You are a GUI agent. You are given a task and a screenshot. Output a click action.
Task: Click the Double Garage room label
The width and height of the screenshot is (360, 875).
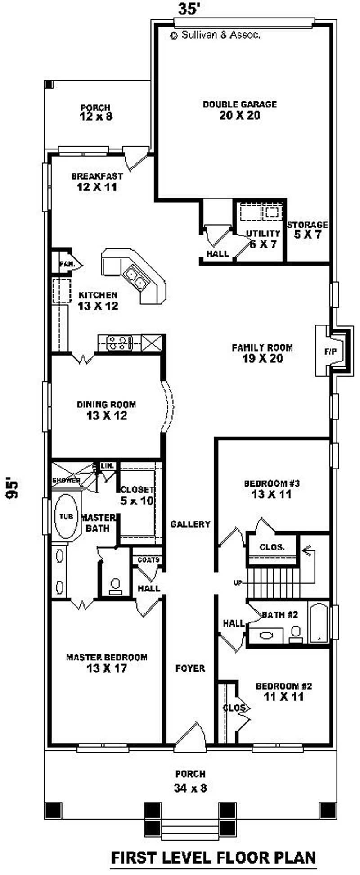[240, 110]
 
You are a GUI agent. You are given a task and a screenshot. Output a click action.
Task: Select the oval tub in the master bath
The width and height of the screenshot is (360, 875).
[66, 516]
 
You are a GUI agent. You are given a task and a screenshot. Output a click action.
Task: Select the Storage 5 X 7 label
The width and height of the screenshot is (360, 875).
[308, 229]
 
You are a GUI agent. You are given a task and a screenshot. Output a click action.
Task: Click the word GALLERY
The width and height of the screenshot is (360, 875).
[190, 524]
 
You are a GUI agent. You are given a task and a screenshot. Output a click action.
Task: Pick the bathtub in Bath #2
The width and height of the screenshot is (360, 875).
[319, 623]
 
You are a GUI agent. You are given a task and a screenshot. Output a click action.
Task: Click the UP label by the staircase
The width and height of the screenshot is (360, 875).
[238, 582]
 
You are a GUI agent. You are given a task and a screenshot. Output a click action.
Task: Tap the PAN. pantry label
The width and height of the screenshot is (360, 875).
[67, 264]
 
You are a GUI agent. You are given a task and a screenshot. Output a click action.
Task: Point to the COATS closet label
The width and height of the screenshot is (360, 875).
[148, 559]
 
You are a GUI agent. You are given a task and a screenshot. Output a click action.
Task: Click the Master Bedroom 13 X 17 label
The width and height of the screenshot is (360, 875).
[107, 663]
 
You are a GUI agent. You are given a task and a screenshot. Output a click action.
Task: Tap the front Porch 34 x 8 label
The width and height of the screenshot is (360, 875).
[190, 780]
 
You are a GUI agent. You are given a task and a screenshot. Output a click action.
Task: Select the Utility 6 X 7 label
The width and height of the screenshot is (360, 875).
[263, 239]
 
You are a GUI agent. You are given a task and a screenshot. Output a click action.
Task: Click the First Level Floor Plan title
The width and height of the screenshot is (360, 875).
[213, 857]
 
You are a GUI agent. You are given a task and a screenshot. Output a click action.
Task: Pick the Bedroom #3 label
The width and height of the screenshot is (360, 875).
[272, 489]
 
